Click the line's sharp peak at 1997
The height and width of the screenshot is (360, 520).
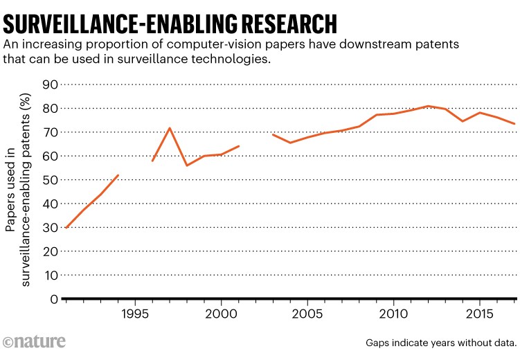coord(170,128)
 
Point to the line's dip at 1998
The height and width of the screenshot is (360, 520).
coord(187,165)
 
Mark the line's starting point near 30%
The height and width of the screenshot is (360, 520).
coord(66,227)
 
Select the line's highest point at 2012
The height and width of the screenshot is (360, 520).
coord(428,106)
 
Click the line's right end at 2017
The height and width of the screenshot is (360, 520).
coord(514,124)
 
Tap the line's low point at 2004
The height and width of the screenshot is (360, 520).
coord(290,143)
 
